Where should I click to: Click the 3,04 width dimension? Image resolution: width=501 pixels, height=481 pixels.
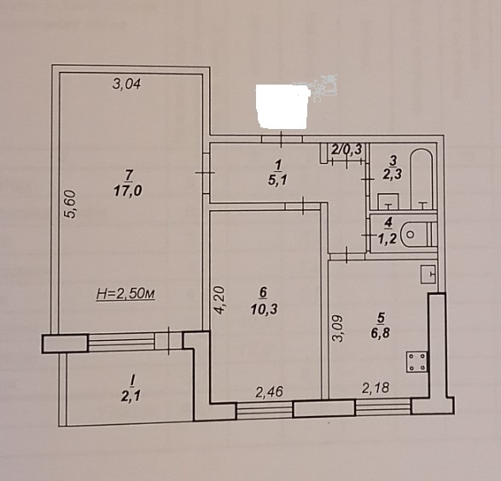(x=127, y=84)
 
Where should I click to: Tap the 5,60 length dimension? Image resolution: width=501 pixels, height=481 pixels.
(x=70, y=204)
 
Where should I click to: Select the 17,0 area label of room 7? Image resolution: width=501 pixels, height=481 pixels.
(x=128, y=191)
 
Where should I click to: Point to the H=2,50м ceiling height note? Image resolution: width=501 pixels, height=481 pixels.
(x=125, y=294)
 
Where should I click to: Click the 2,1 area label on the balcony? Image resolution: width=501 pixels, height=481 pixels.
(x=131, y=397)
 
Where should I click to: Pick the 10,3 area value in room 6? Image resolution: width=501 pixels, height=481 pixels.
(x=265, y=309)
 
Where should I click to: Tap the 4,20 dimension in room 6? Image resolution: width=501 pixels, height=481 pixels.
(x=220, y=300)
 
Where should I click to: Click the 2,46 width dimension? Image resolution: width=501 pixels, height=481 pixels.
(x=270, y=392)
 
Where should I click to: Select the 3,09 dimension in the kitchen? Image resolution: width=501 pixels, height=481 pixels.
(x=338, y=329)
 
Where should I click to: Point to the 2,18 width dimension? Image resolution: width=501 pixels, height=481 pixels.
(x=376, y=388)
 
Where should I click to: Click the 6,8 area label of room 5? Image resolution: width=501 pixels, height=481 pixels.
(x=380, y=333)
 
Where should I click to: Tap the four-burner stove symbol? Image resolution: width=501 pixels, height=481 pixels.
(x=417, y=361)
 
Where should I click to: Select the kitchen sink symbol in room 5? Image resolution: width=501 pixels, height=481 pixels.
(x=428, y=273)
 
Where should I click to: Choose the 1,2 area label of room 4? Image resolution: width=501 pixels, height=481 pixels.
(x=387, y=238)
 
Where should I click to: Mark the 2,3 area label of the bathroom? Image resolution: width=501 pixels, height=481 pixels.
(x=393, y=174)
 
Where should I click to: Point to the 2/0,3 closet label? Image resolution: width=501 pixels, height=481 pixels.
(x=347, y=149)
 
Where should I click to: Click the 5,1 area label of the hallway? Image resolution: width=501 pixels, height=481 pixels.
(x=277, y=180)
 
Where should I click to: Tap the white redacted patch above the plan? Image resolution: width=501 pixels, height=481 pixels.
(x=283, y=107)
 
